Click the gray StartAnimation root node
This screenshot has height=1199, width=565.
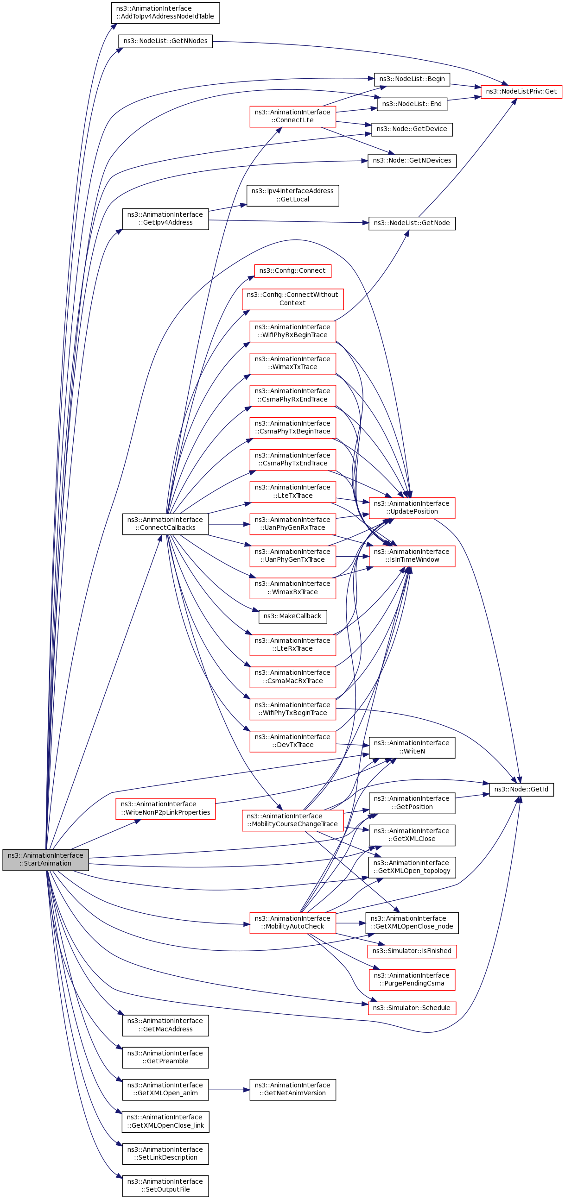tap(45, 859)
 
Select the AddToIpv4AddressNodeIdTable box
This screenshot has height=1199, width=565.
tap(165, 13)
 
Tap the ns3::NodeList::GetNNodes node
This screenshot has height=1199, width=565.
tap(165, 41)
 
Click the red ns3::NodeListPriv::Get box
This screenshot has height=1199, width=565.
tap(521, 92)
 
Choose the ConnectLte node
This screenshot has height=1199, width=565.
tap(292, 116)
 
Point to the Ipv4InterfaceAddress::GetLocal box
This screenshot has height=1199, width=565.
tap(292, 195)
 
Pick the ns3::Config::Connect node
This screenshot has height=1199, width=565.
tap(292, 271)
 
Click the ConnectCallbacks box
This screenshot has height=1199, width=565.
tap(165, 524)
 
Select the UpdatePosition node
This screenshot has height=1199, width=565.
tap(412, 508)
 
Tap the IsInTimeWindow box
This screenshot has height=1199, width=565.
tap(412, 556)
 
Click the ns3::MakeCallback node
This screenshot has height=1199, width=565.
tap(292, 617)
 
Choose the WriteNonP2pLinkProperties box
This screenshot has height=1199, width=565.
tap(165, 809)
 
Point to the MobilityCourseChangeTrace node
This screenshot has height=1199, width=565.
tap(292, 821)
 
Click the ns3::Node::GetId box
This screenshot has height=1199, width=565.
tap(521, 790)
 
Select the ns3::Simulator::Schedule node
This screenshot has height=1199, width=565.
tap(412, 1008)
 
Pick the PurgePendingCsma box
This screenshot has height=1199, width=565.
tap(412, 980)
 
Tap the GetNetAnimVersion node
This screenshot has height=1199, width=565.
tap(292, 1090)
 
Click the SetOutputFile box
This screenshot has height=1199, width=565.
tap(165, 1186)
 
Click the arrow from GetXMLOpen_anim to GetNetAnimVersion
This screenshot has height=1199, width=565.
tap(229, 1090)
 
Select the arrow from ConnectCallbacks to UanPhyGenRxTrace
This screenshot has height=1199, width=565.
tap(229, 524)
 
